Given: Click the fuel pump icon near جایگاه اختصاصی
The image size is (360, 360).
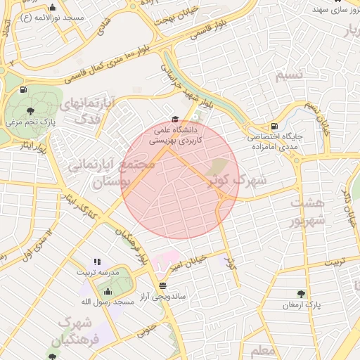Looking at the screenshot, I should click(x=274, y=126).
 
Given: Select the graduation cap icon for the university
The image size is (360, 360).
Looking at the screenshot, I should click(x=175, y=119).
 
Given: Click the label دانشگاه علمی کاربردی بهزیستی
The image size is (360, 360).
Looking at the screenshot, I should click(x=175, y=135).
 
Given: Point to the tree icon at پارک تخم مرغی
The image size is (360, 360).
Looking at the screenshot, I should click(x=29, y=111).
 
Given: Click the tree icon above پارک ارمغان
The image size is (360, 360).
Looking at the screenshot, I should click(x=302, y=294).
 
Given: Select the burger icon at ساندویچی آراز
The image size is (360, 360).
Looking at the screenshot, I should click(x=163, y=285).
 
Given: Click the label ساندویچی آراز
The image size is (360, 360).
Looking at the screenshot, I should click(x=162, y=297).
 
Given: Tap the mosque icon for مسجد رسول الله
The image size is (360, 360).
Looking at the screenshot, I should click(x=108, y=291).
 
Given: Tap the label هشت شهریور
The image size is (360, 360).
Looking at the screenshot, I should click(x=309, y=211).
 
